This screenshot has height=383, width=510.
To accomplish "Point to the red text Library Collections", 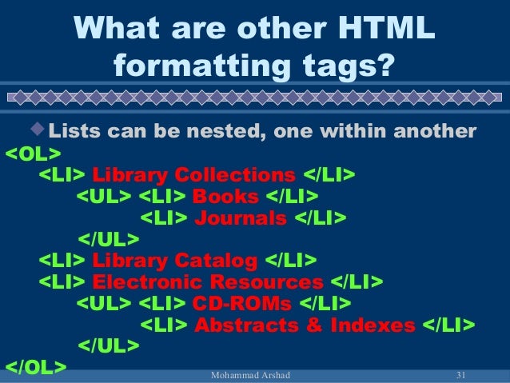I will click(194, 174).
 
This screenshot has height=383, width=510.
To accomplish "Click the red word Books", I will click(226, 197).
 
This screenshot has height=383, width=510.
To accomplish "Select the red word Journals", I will click(241, 218).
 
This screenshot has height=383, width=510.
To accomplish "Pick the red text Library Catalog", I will click(175, 261).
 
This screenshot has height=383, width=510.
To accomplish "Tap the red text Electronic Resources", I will click(208, 282).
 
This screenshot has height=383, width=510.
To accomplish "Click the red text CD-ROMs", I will click(241, 304).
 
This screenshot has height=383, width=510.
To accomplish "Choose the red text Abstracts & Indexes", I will click(305, 325).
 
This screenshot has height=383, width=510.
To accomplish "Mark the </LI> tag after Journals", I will click(321, 218).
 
